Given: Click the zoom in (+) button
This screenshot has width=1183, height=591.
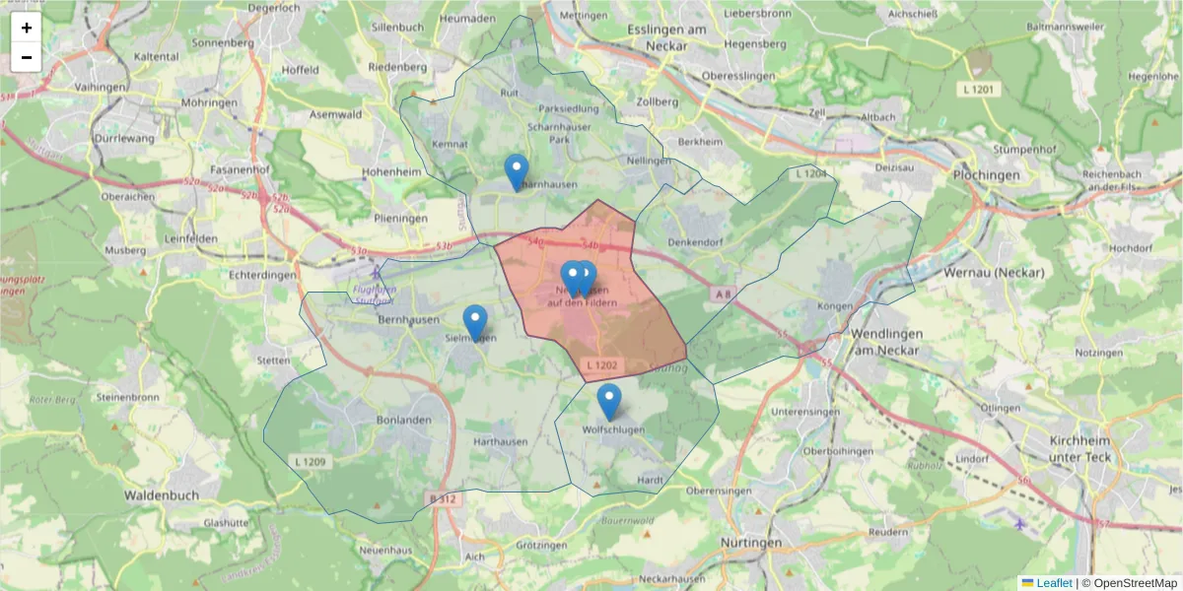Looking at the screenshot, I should click(x=27, y=28).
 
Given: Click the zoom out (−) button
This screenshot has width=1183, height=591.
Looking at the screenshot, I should click(x=27, y=57).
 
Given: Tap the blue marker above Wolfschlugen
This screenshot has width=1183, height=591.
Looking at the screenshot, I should click(x=609, y=402).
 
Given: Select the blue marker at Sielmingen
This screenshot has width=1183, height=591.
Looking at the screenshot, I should click(x=475, y=322).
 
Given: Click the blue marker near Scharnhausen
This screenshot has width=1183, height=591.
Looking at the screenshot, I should click(x=516, y=172).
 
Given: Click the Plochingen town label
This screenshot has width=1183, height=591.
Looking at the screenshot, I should click(x=986, y=174).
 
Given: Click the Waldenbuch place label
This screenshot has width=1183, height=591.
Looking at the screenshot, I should click(x=162, y=494).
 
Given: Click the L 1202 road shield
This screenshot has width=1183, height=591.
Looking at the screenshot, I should click(x=601, y=366).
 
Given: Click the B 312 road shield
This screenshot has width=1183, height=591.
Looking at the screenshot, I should click(x=444, y=499).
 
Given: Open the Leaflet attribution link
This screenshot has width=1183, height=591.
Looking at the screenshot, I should click(x=1052, y=583).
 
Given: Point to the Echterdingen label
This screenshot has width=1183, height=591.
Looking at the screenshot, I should click(x=261, y=276).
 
